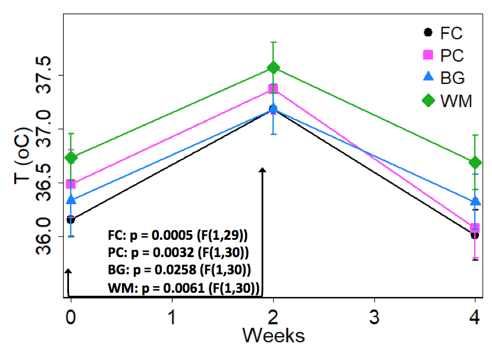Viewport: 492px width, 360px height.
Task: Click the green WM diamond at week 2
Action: coord(273,68)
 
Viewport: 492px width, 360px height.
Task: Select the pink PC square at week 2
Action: coord(273,89)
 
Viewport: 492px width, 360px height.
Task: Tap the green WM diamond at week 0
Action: coord(71,157)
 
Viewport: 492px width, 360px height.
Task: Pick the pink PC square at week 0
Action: coord(71,184)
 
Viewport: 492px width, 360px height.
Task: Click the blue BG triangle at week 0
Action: coord(71,199)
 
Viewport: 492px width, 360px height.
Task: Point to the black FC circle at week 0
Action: coord(71,220)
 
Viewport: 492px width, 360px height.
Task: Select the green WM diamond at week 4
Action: coord(475,162)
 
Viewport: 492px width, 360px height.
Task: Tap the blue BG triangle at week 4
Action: coord(475,202)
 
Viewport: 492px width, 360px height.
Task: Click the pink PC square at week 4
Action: coord(475,228)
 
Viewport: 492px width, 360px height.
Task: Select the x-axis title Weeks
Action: coord(273,335)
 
